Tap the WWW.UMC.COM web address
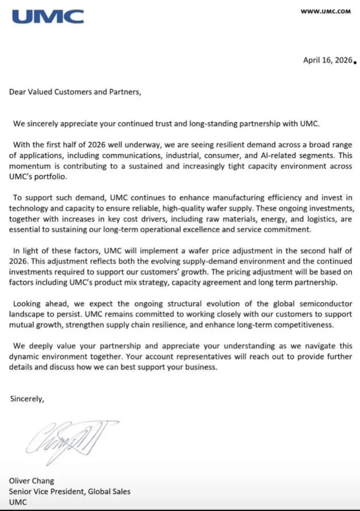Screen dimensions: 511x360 (325, 12)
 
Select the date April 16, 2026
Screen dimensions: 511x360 (327, 60)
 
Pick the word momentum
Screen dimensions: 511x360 (29, 166)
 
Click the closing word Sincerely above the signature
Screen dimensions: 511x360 (26, 398)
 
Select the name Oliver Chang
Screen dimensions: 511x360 (31, 481)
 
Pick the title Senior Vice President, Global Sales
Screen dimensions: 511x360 (70, 491)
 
